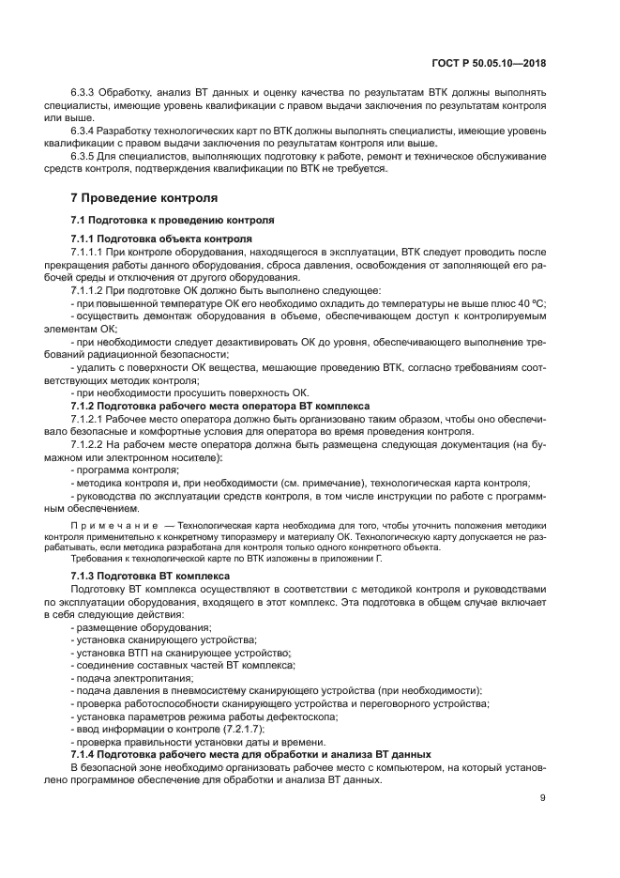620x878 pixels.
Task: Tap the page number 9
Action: coord(542,798)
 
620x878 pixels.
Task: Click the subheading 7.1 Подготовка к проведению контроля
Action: coord(173,220)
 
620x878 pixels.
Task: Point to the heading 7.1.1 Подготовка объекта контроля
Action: coord(160,239)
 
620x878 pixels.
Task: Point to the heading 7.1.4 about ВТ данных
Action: coord(250,754)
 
